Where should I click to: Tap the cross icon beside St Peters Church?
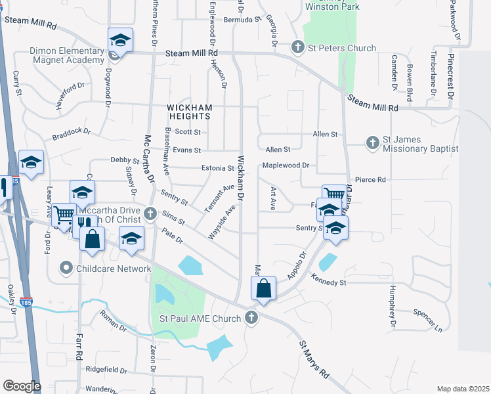click(x=298, y=47)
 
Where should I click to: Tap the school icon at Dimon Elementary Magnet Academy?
click(x=120, y=41)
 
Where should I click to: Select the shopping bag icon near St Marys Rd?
click(x=263, y=288)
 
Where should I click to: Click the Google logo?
click(x=22, y=386)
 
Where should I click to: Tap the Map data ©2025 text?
click(x=463, y=389)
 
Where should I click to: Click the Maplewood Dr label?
click(x=286, y=165)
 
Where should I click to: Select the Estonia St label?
click(x=213, y=169)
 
